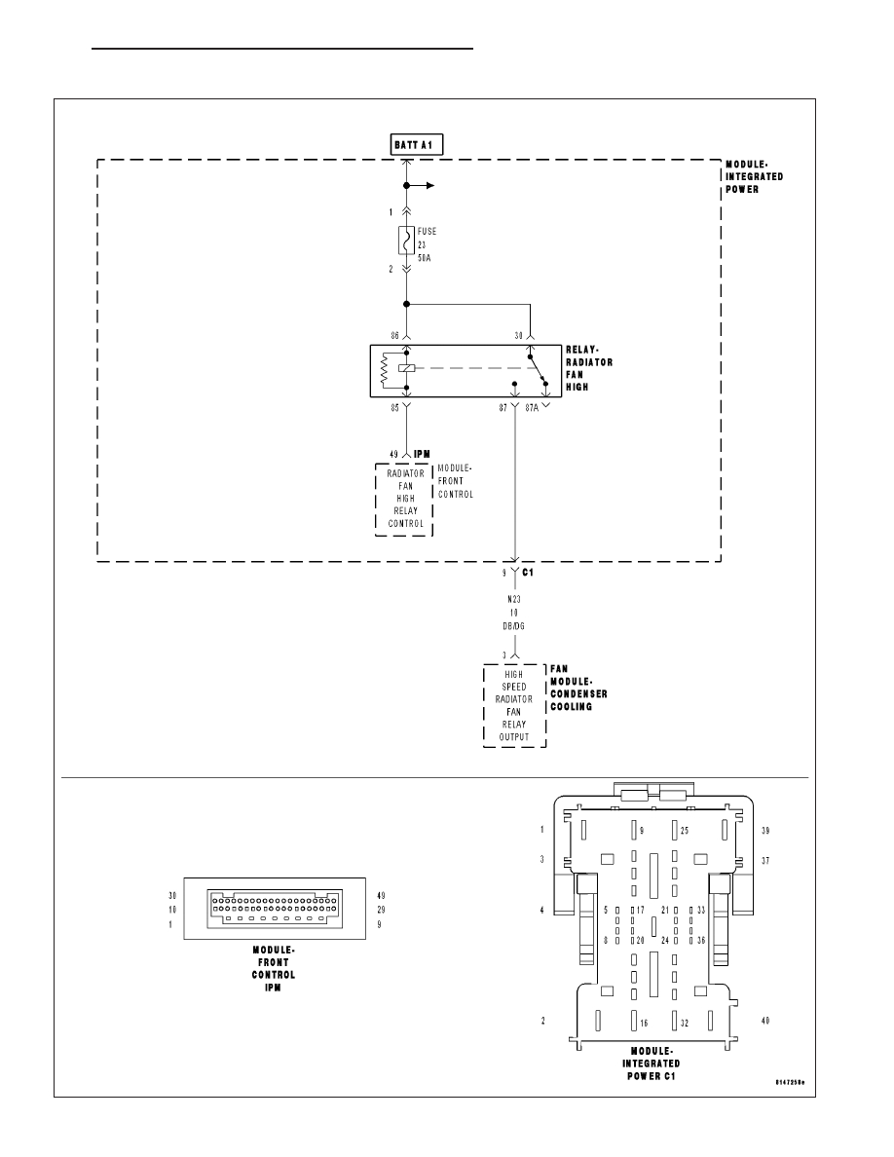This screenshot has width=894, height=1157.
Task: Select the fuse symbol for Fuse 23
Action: (406, 240)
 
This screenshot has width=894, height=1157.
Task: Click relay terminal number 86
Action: (395, 334)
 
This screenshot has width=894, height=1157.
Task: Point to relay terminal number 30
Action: (518, 334)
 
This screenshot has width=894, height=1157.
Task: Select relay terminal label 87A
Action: (531, 409)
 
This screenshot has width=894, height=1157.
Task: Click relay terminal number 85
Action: (395, 409)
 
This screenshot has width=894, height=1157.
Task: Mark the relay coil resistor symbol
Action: (385, 371)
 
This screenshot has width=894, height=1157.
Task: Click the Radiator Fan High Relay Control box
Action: (404, 498)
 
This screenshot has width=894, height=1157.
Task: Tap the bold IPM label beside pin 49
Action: (423, 454)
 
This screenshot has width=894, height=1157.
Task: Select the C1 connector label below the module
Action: (528, 573)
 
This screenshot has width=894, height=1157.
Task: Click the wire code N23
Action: (514, 600)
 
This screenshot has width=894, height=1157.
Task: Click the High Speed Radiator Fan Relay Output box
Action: (514, 705)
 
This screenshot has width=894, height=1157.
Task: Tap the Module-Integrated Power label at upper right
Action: (755, 176)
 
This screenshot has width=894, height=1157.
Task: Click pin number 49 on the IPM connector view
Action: (381, 895)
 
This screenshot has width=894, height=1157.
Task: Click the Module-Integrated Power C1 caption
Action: (652, 1064)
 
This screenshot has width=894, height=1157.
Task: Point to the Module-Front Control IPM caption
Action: (274, 968)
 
